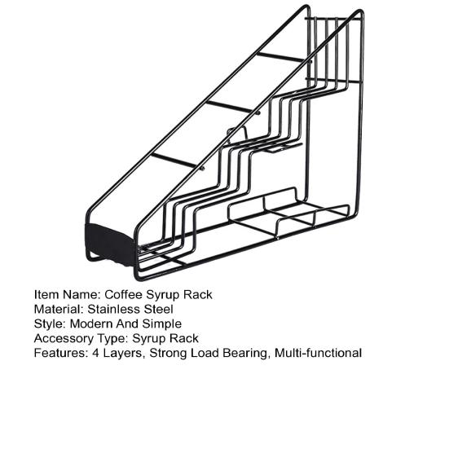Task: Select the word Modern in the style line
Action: click(91, 324)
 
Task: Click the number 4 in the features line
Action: click(95, 353)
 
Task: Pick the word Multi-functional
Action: click(318, 353)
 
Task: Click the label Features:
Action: click(61, 353)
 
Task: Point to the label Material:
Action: click(59, 309)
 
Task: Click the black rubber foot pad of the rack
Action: click(111, 244)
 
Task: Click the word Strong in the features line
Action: click(169, 353)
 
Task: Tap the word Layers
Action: click(122, 354)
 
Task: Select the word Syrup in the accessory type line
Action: click(148, 339)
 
